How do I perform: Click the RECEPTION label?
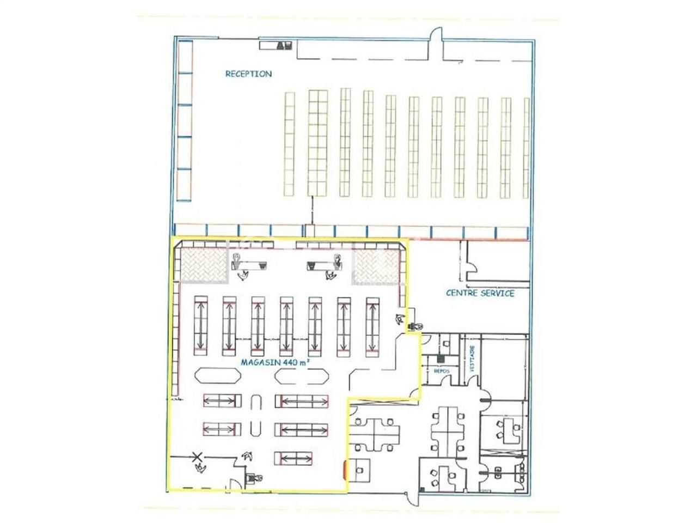248,74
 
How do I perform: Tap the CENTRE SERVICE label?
480,293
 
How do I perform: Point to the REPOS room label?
441,370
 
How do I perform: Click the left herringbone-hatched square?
204,265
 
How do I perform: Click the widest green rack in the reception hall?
318,143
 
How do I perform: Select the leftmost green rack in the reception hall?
289,144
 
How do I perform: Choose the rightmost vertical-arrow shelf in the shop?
372,326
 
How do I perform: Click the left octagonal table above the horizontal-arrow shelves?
217,376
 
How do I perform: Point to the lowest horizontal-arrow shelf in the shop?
294,458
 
